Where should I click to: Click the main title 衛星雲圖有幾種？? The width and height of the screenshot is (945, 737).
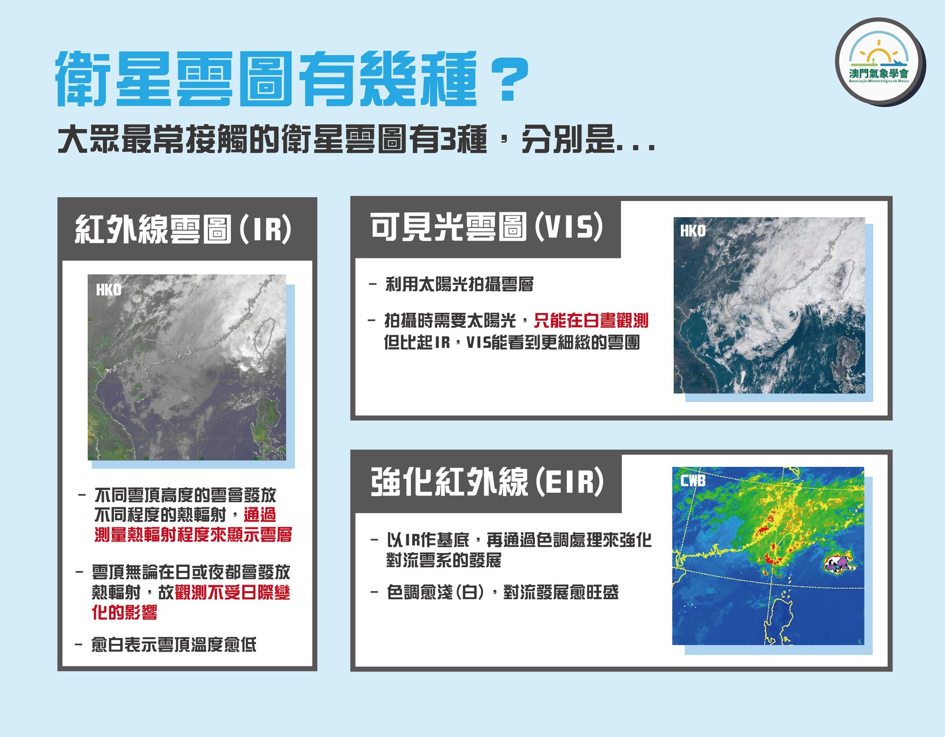pos(292,79)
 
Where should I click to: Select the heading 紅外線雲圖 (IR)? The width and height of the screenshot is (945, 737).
pos(183,229)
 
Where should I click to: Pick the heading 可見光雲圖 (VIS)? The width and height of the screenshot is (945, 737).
pos(486,226)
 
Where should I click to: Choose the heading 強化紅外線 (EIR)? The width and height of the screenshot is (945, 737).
pos(487,481)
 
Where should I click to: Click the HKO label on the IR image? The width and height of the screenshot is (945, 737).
pos(109,290)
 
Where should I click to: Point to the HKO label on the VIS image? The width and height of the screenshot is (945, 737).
pos(693,231)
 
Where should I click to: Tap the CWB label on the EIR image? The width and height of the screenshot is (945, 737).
pos(693,480)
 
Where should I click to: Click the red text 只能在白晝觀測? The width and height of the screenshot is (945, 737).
pos(591,320)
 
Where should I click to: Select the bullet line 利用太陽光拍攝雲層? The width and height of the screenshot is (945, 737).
pos(459,284)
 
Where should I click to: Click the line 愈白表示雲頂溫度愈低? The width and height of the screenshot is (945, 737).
pos(173,645)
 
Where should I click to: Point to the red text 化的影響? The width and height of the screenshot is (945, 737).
pos(124,612)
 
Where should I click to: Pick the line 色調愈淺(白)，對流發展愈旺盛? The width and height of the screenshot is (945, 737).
pos(502,593)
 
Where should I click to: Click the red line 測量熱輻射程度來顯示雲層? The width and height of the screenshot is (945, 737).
pos(193,534)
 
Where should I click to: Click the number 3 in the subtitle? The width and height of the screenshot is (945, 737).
pos(448,140)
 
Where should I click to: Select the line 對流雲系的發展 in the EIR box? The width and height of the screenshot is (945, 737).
pos(444,560)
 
